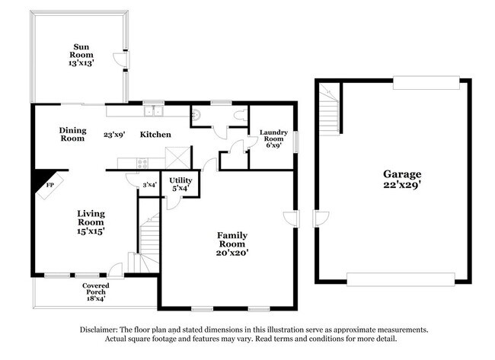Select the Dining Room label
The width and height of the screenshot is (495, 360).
(72, 135)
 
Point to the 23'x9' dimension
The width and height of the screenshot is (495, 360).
(115, 135)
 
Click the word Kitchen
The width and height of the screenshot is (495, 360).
(155, 135)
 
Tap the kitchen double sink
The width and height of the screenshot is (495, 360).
(156, 111)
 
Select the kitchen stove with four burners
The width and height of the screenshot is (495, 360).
(141, 162)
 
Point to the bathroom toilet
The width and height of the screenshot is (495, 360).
(242, 113)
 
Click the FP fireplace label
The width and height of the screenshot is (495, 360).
(49, 185)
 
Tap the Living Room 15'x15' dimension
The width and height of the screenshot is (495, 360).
(90, 229)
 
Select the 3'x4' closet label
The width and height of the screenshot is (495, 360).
(150, 185)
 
